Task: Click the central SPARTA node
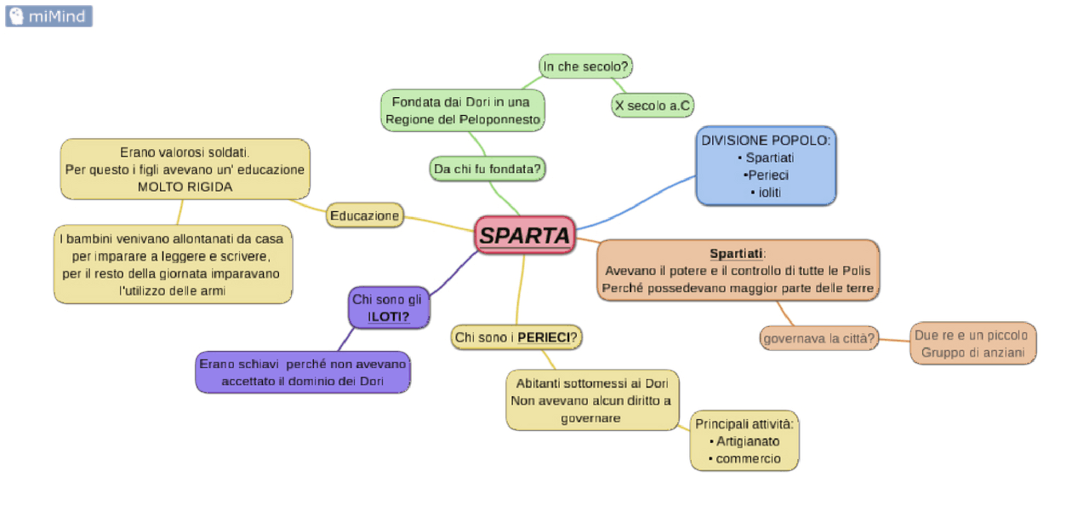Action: click(525, 235)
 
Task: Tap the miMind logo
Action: click(48, 15)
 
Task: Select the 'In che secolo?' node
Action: click(587, 66)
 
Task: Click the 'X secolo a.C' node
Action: click(653, 106)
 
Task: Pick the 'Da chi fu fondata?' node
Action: click(487, 169)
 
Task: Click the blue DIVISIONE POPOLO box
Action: click(766, 166)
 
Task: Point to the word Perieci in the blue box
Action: click(766, 175)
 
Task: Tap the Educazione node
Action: click(364, 216)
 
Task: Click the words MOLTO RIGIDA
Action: click(185, 187)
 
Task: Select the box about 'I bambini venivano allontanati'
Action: click(173, 264)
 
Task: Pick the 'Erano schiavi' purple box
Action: click(303, 372)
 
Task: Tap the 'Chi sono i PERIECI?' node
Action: click(516, 337)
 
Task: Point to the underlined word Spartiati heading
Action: click(737, 253)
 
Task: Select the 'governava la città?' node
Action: click(818, 338)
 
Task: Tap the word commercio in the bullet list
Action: click(748, 458)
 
